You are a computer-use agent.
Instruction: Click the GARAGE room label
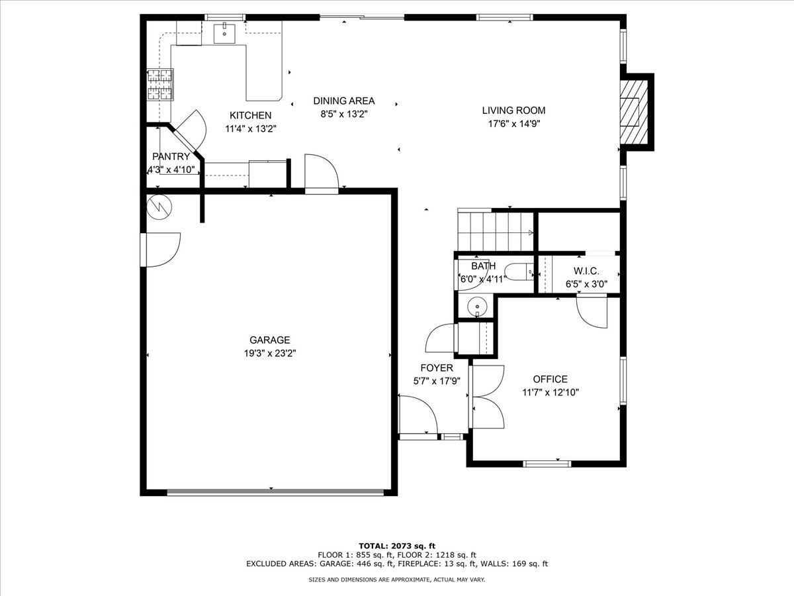[x=269, y=340]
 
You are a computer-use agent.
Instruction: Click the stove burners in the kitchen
[x=159, y=85]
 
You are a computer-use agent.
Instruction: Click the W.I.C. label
[x=586, y=272]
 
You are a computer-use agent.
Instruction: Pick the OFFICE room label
[x=550, y=379]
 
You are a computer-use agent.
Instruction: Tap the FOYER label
[x=437, y=368]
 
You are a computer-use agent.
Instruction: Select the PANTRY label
[x=171, y=157]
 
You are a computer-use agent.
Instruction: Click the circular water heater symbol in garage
[x=159, y=207]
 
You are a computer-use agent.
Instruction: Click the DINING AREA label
[x=343, y=101]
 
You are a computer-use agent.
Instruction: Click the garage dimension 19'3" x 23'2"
[x=269, y=354]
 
